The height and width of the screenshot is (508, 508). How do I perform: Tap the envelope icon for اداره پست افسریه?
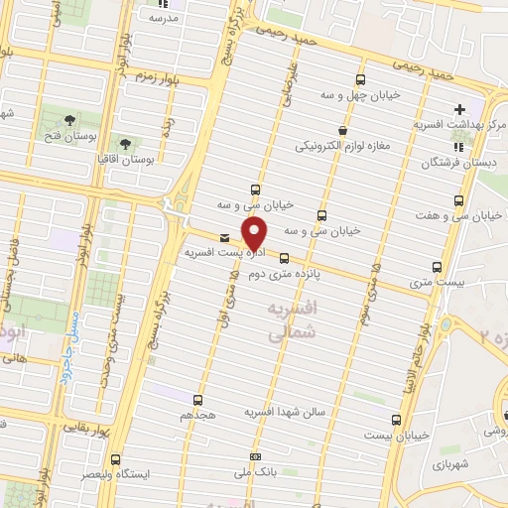(224, 237)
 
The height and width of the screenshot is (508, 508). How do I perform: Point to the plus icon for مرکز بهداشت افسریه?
(458, 108)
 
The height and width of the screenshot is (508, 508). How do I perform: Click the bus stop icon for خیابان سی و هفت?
(456, 199)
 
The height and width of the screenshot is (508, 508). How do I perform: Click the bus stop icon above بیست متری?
(438, 266)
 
